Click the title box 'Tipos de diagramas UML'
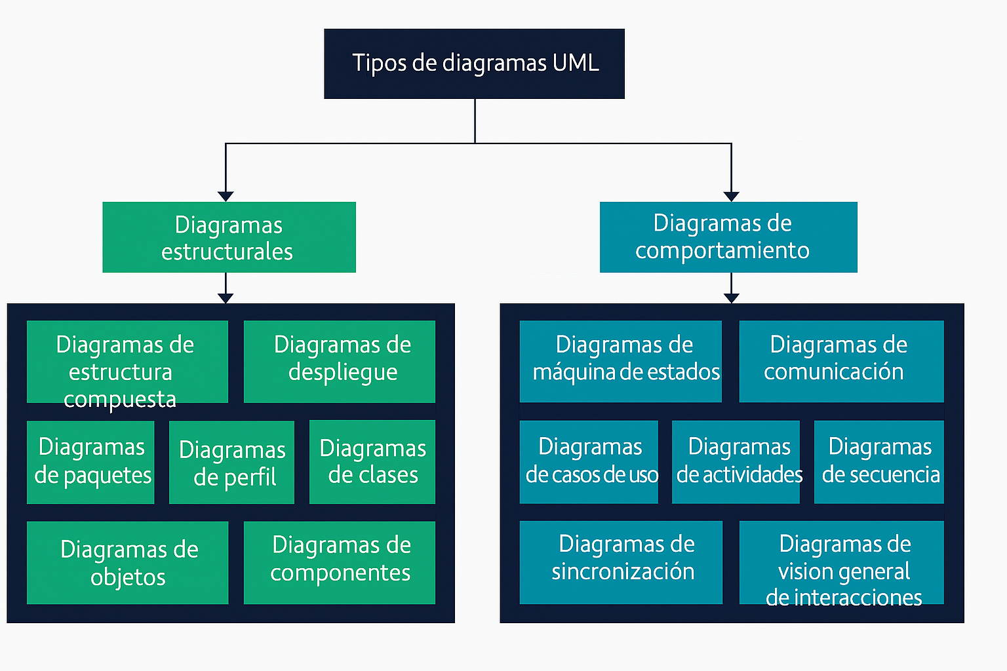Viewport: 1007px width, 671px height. pos(474,64)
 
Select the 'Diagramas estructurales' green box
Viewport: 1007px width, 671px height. pos(229,237)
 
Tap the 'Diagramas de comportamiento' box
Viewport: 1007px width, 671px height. pos(728,237)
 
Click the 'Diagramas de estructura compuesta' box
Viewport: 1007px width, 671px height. pos(127,362)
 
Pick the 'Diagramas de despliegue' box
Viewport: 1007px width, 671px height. pos(339,362)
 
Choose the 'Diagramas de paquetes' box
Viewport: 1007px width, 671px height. pos(90,462)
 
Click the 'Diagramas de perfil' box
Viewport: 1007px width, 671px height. pos(231,463)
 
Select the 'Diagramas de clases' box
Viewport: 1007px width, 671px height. pos(372,462)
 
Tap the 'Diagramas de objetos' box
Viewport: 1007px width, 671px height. pos(127,562)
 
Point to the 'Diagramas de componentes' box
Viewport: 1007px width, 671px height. pos(339,562)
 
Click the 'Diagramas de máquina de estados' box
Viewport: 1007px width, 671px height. pos(620,361)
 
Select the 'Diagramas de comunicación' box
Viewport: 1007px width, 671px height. pos(841,361)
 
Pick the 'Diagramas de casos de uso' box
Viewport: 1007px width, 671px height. pos(589,462)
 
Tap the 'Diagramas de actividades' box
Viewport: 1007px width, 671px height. pos(736,462)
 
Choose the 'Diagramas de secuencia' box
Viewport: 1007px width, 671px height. pos(879,462)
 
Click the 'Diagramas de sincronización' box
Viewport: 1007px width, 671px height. pos(621,562)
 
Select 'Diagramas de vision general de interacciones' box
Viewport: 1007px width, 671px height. pos(841,562)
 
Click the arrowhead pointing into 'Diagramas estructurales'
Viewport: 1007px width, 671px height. pos(226,197)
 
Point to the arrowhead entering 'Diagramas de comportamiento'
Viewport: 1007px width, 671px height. pos(731,197)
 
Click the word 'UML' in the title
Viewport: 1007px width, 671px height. pos(576,63)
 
